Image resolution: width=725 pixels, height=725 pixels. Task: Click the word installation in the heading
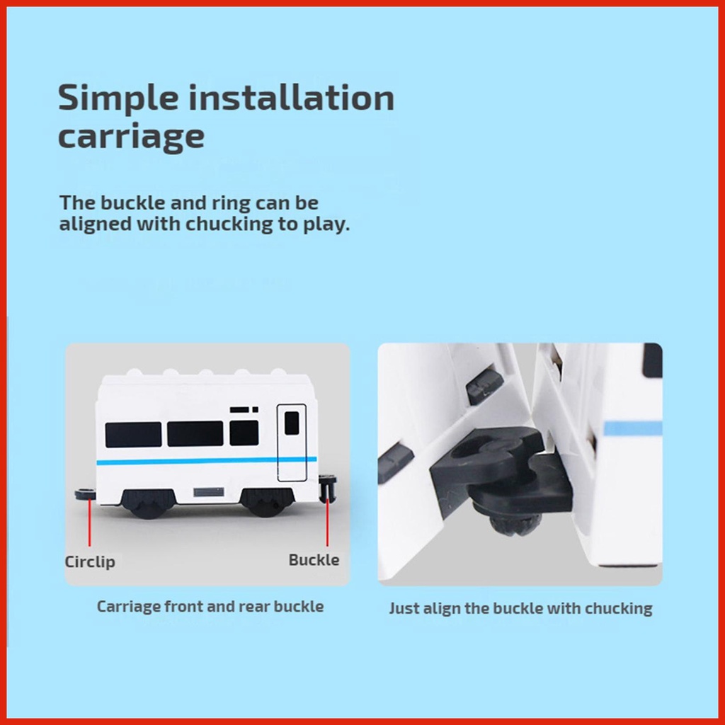click(291, 97)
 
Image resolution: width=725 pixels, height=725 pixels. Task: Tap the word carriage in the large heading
click(131, 137)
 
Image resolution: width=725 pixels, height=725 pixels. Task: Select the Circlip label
click(90, 562)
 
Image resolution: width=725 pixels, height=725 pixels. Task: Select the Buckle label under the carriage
click(314, 560)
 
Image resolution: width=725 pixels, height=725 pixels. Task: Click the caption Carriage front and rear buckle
click(210, 606)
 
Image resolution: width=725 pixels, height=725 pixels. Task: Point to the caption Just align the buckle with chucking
click(520, 608)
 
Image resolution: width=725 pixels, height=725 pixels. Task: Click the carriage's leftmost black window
click(133, 434)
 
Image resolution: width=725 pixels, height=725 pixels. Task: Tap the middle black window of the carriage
click(195, 434)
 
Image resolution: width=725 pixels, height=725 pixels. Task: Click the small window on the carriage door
click(291, 423)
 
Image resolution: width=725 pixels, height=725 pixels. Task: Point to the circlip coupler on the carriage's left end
click(86, 494)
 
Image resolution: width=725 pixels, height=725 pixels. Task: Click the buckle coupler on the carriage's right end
click(328, 489)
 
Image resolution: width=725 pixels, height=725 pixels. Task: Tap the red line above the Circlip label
click(90, 523)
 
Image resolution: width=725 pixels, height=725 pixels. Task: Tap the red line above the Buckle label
click(327, 522)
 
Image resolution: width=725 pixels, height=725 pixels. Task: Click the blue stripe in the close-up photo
click(633, 428)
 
